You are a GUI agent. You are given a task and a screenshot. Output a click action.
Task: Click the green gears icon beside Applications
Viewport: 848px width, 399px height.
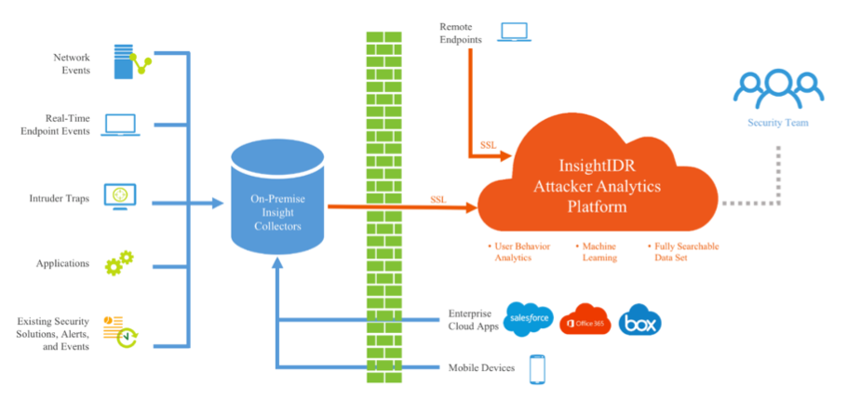[x=119, y=262]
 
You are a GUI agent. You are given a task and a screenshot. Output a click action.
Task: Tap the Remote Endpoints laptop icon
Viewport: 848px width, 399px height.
[x=513, y=32]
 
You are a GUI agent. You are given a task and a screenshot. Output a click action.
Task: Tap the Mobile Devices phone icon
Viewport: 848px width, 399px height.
[x=536, y=368]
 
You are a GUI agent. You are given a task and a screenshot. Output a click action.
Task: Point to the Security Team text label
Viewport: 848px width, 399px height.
[x=778, y=123]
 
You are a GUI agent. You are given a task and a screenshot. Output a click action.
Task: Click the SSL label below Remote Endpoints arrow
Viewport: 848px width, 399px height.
[x=488, y=145]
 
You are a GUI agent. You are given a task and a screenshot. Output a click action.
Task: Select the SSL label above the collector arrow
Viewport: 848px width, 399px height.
[x=438, y=199]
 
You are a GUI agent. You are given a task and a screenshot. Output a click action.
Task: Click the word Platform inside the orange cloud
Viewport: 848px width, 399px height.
[x=597, y=206]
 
